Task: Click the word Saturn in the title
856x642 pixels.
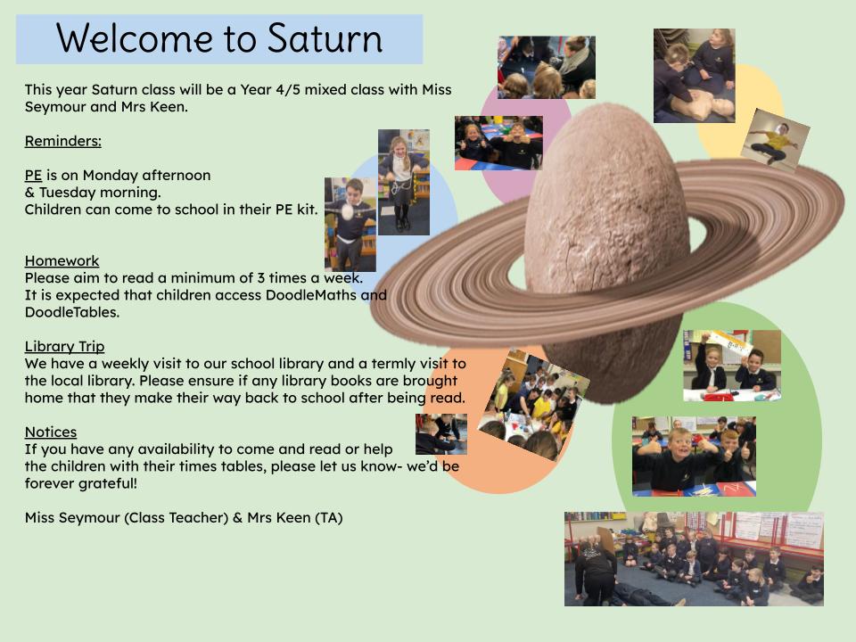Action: click(325, 38)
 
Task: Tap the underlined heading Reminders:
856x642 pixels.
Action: click(62, 141)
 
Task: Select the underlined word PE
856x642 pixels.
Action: click(33, 175)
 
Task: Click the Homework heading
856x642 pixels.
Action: click(62, 260)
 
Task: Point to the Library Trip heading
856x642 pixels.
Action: click(64, 346)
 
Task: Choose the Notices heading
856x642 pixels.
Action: click(51, 432)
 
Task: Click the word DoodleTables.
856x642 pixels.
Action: click(72, 312)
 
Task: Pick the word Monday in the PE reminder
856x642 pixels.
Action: click(110, 176)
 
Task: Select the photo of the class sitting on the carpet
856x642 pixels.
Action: click(694, 558)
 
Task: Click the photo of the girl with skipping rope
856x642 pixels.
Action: click(403, 182)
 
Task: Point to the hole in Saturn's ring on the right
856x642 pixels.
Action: click(696, 234)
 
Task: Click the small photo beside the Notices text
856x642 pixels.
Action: click(441, 434)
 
